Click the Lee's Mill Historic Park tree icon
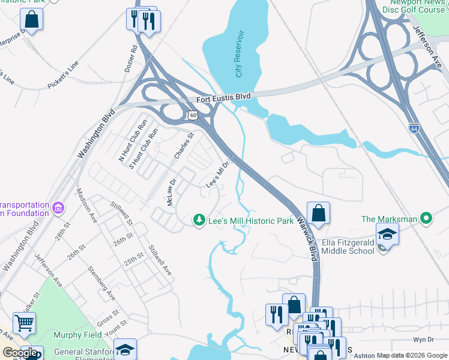click(199, 221)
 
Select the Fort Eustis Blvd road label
click(224, 98)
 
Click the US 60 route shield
click(191, 114)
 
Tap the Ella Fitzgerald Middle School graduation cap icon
click(387, 235)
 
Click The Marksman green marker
click(427, 219)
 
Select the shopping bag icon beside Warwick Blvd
click(318, 213)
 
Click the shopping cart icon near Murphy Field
click(24, 323)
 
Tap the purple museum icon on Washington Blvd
click(58, 208)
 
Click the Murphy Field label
click(76, 334)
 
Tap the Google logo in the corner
click(20, 353)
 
